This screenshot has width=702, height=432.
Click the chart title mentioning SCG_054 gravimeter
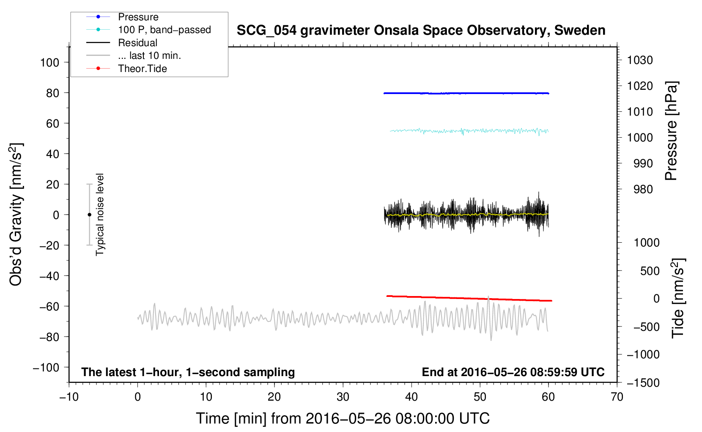(x=421, y=30)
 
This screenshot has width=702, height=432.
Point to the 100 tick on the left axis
(x=50, y=63)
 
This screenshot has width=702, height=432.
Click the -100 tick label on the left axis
(x=46, y=367)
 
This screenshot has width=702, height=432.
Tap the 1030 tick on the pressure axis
(x=640, y=60)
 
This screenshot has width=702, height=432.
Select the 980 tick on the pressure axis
(x=643, y=189)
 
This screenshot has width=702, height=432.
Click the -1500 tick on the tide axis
(x=643, y=383)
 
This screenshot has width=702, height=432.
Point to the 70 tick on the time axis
(x=617, y=397)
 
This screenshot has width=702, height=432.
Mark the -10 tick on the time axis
(x=69, y=397)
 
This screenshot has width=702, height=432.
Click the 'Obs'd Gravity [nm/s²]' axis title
(x=16, y=214)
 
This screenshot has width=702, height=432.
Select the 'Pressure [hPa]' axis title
(x=671, y=131)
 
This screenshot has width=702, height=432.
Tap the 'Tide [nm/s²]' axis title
(x=678, y=298)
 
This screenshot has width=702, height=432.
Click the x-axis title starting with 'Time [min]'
(x=343, y=418)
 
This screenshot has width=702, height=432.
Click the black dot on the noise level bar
(x=89, y=215)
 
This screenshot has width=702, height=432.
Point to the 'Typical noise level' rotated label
(x=100, y=214)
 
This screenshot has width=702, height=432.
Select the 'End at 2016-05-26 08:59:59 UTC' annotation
(x=513, y=372)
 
